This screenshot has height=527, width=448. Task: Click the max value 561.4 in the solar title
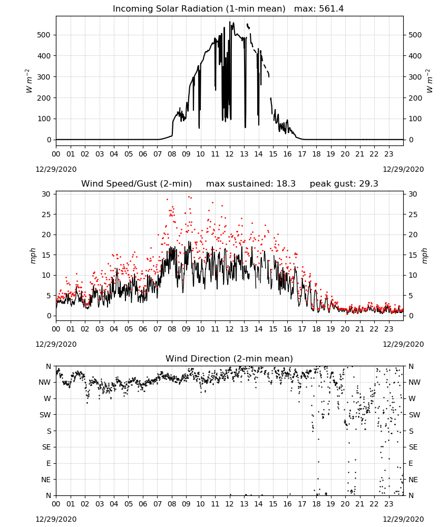331,9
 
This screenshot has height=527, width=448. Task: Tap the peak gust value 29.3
366,184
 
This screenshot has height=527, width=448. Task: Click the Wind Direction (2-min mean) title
229,358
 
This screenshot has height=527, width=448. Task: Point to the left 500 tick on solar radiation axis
45,35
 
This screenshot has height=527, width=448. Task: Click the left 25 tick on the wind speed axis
46,214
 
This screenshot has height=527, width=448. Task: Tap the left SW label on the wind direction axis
45,415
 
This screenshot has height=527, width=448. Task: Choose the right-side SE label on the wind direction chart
413,447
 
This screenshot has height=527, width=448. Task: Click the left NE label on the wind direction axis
46,480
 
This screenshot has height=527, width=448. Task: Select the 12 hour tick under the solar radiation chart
230,154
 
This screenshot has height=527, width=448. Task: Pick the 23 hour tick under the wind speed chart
389,329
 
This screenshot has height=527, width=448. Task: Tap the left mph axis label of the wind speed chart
33,256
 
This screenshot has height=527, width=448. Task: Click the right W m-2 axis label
430,81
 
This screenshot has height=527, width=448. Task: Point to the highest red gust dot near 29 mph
189,197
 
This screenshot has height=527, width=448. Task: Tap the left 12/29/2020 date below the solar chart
56,169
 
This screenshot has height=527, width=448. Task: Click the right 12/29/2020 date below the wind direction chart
403,519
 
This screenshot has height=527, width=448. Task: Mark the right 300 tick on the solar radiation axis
415,77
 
